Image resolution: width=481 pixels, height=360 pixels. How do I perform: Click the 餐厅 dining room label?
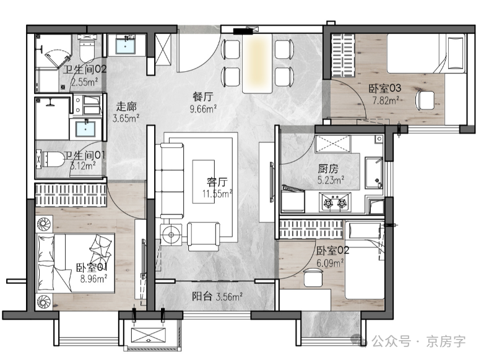click(203, 96)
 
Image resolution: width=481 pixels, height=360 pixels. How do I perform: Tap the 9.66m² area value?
click(204, 108)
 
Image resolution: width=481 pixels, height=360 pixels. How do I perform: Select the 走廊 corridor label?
click(126, 106)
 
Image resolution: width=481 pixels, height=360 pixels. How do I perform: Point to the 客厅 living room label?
click(217, 182)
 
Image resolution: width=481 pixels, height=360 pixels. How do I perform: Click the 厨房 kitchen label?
click(328, 168)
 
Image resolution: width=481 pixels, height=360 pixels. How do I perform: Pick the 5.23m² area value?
click(331, 180)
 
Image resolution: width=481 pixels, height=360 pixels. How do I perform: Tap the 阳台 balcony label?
click(202, 296)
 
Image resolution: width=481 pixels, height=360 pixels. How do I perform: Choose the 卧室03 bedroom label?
click(384, 88)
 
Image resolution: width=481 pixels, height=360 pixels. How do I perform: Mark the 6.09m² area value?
click(330, 263)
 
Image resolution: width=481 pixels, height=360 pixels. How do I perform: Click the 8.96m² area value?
click(94, 279)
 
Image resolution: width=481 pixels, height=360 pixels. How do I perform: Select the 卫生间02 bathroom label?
click(85, 69)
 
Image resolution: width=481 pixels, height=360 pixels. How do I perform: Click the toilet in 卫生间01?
click(50, 159)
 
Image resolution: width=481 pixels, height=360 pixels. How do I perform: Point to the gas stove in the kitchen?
click(335, 202)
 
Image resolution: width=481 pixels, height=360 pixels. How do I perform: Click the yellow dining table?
click(257, 63)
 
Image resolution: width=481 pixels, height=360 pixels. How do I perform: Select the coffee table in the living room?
click(204, 181)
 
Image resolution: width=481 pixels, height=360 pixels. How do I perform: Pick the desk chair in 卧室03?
click(425, 100)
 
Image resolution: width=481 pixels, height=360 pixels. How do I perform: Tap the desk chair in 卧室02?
click(313, 277)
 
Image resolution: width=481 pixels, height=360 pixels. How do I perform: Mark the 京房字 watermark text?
click(446, 341)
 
